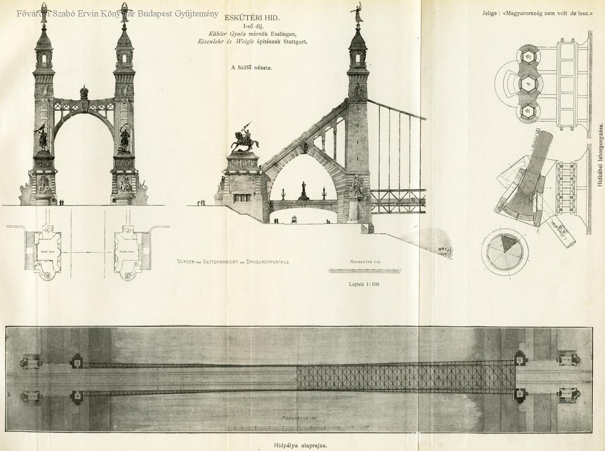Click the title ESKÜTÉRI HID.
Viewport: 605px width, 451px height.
pyautogui.click(x=252, y=18)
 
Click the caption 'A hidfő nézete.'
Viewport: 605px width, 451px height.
pyautogui.click(x=251, y=67)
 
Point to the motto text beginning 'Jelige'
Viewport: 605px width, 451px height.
pyautogui.click(x=537, y=13)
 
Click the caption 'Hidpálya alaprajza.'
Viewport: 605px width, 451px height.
pyautogui.click(x=301, y=445)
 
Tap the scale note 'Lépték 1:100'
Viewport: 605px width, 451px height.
pyautogui.click(x=364, y=284)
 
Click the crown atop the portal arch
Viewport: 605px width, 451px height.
pyautogui.click(x=84, y=91)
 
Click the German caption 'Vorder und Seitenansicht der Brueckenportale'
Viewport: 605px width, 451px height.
pyautogui.click(x=233, y=262)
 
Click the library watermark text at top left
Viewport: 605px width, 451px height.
pyautogui.click(x=117, y=14)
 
